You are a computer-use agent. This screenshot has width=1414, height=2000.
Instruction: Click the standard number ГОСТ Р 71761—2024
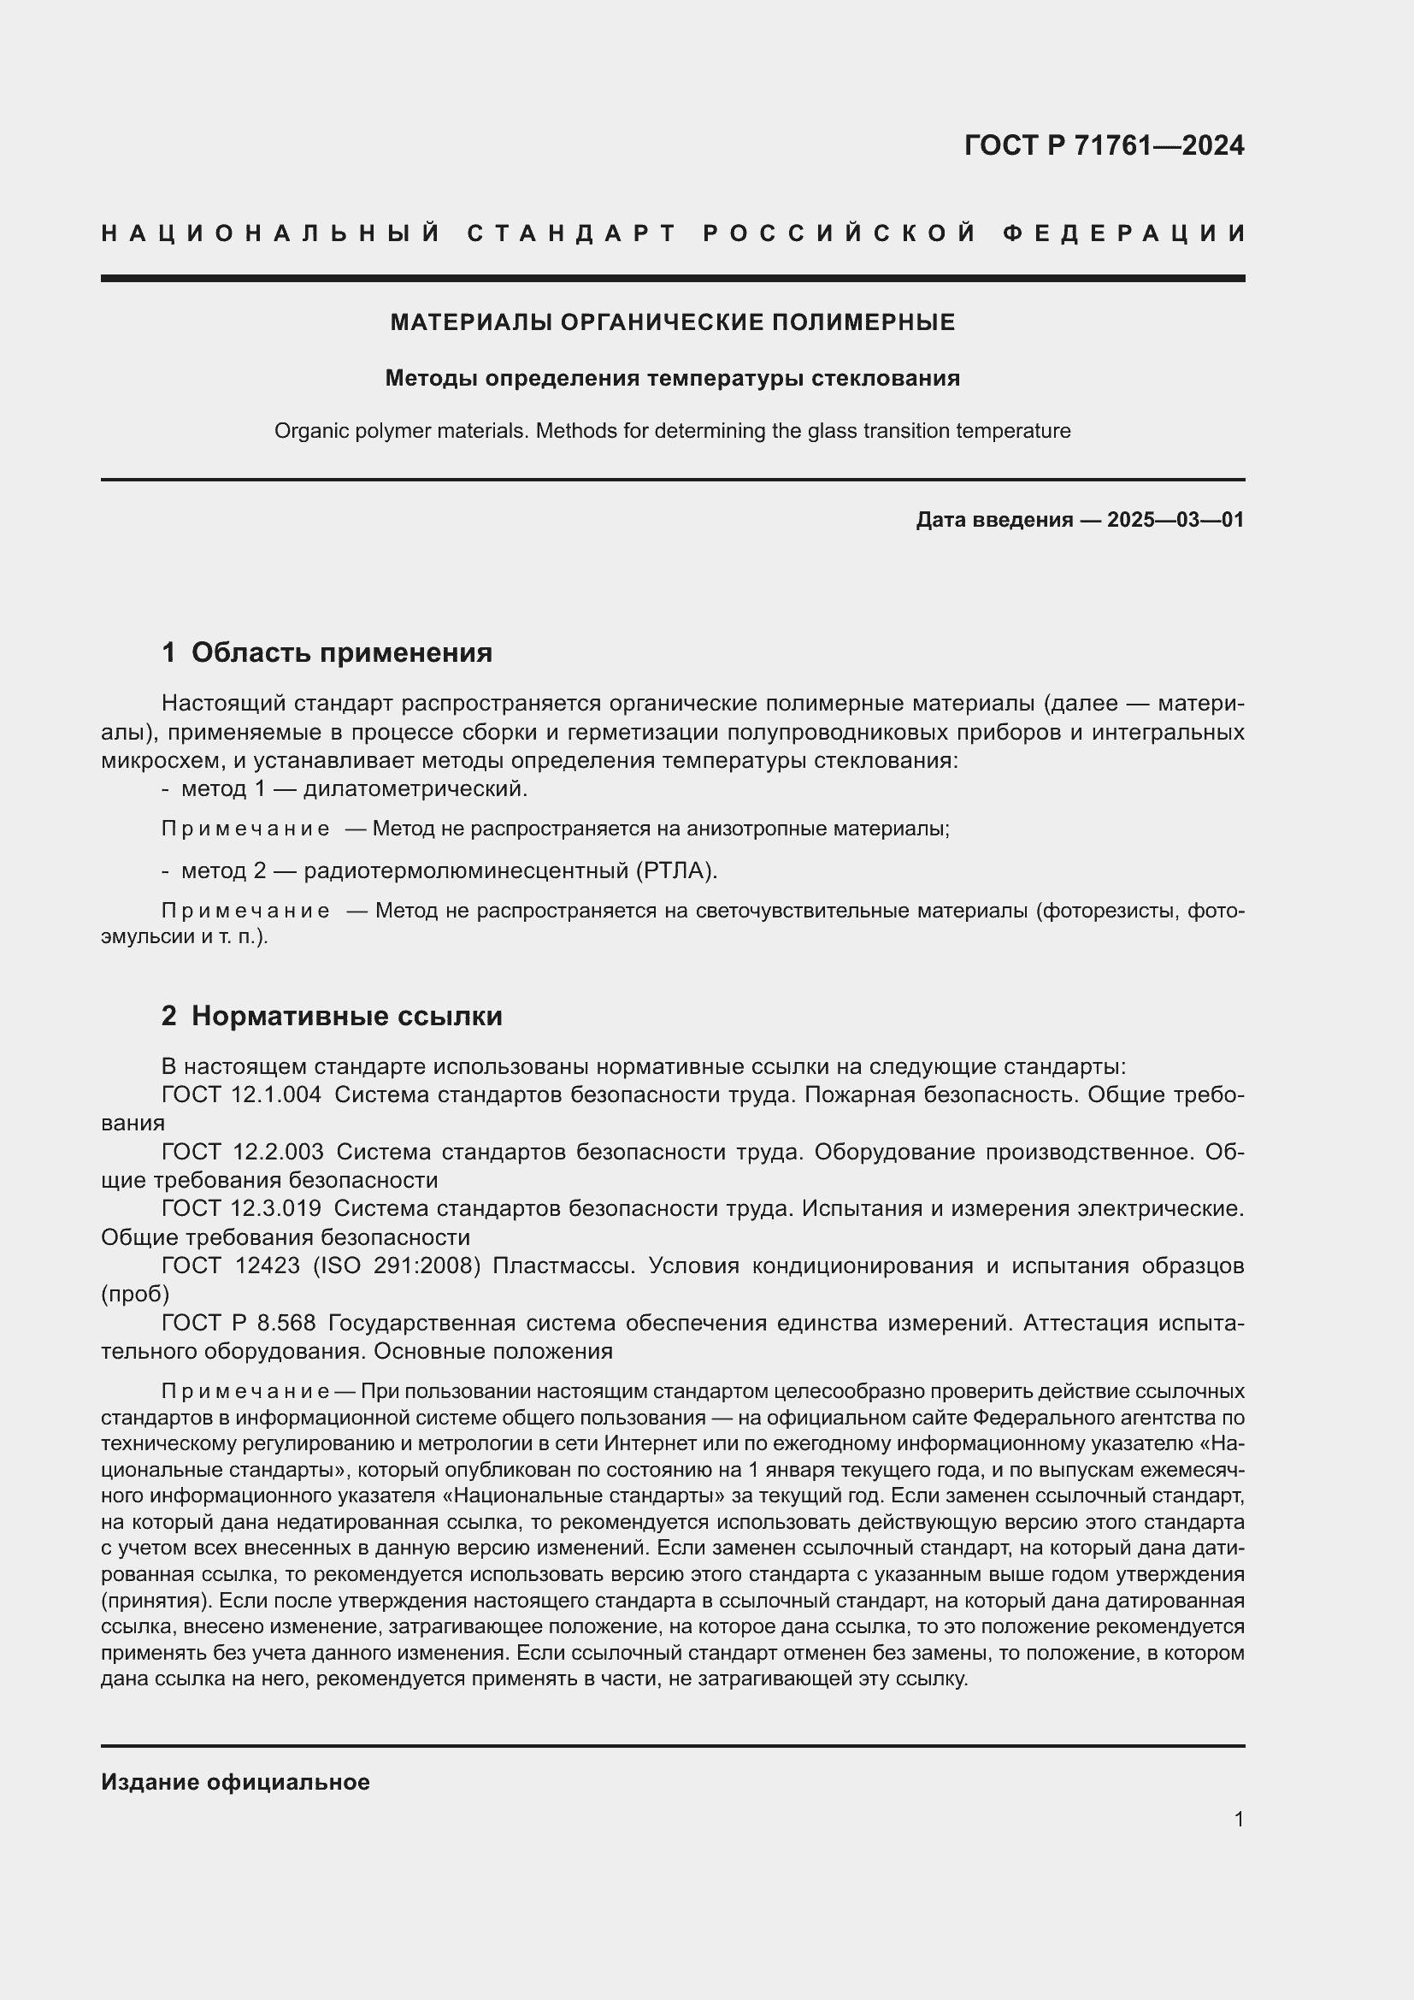(1104, 145)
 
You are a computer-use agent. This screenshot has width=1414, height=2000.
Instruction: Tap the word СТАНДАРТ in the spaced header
(572, 233)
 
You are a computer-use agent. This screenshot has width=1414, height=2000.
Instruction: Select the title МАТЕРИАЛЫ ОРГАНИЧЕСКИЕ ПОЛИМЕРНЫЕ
(672, 322)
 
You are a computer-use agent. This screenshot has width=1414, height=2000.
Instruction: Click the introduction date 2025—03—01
(1175, 520)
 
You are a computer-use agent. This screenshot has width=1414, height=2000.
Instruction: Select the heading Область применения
(341, 652)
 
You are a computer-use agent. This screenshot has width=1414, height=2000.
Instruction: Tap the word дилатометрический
(415, 789)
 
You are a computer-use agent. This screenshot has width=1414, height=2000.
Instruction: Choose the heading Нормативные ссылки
(346, 1016)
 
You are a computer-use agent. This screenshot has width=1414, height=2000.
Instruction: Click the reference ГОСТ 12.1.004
(241, 1095)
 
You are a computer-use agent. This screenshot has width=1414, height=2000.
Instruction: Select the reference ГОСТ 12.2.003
(242, 1152)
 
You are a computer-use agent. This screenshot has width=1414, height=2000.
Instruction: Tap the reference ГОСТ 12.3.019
(241, 1208)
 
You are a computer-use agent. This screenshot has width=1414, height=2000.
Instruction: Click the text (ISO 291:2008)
(396, 1265)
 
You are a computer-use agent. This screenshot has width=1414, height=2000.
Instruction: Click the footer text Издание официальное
(235, 1782)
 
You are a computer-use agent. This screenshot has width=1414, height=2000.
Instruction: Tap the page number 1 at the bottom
(1238, 1819)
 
